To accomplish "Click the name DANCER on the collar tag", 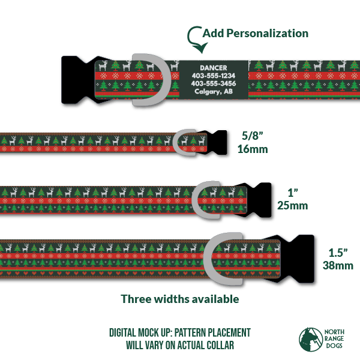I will click(x=214, y=68).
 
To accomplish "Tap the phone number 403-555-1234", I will click(x=214, y=76).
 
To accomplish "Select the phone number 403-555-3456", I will click(x=214, y=83).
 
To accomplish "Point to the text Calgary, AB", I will click(x=214, y=92).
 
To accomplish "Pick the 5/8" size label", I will click(x=251, y=137).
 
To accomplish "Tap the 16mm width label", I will click(x=253, y=149).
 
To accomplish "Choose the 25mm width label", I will click(x=293, y=206).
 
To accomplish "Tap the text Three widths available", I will click(x=180, y=298).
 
